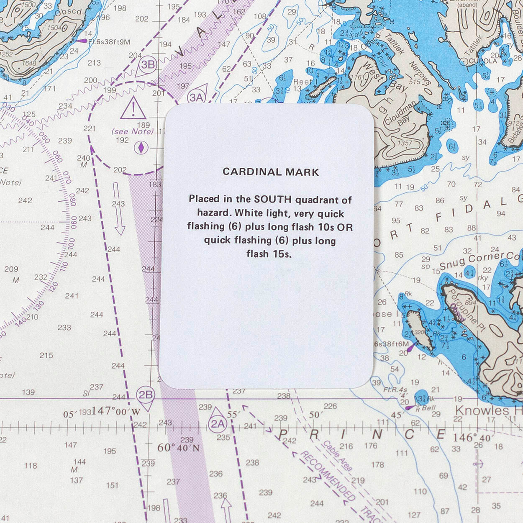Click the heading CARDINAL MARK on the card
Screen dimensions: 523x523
271,172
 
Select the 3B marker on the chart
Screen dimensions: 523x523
147,65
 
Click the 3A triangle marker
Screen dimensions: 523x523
197,97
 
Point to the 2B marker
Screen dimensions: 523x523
145,395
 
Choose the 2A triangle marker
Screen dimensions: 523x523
217,423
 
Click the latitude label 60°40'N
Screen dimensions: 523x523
178,448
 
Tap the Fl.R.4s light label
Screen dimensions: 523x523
395,390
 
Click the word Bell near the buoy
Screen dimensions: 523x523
428,408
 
